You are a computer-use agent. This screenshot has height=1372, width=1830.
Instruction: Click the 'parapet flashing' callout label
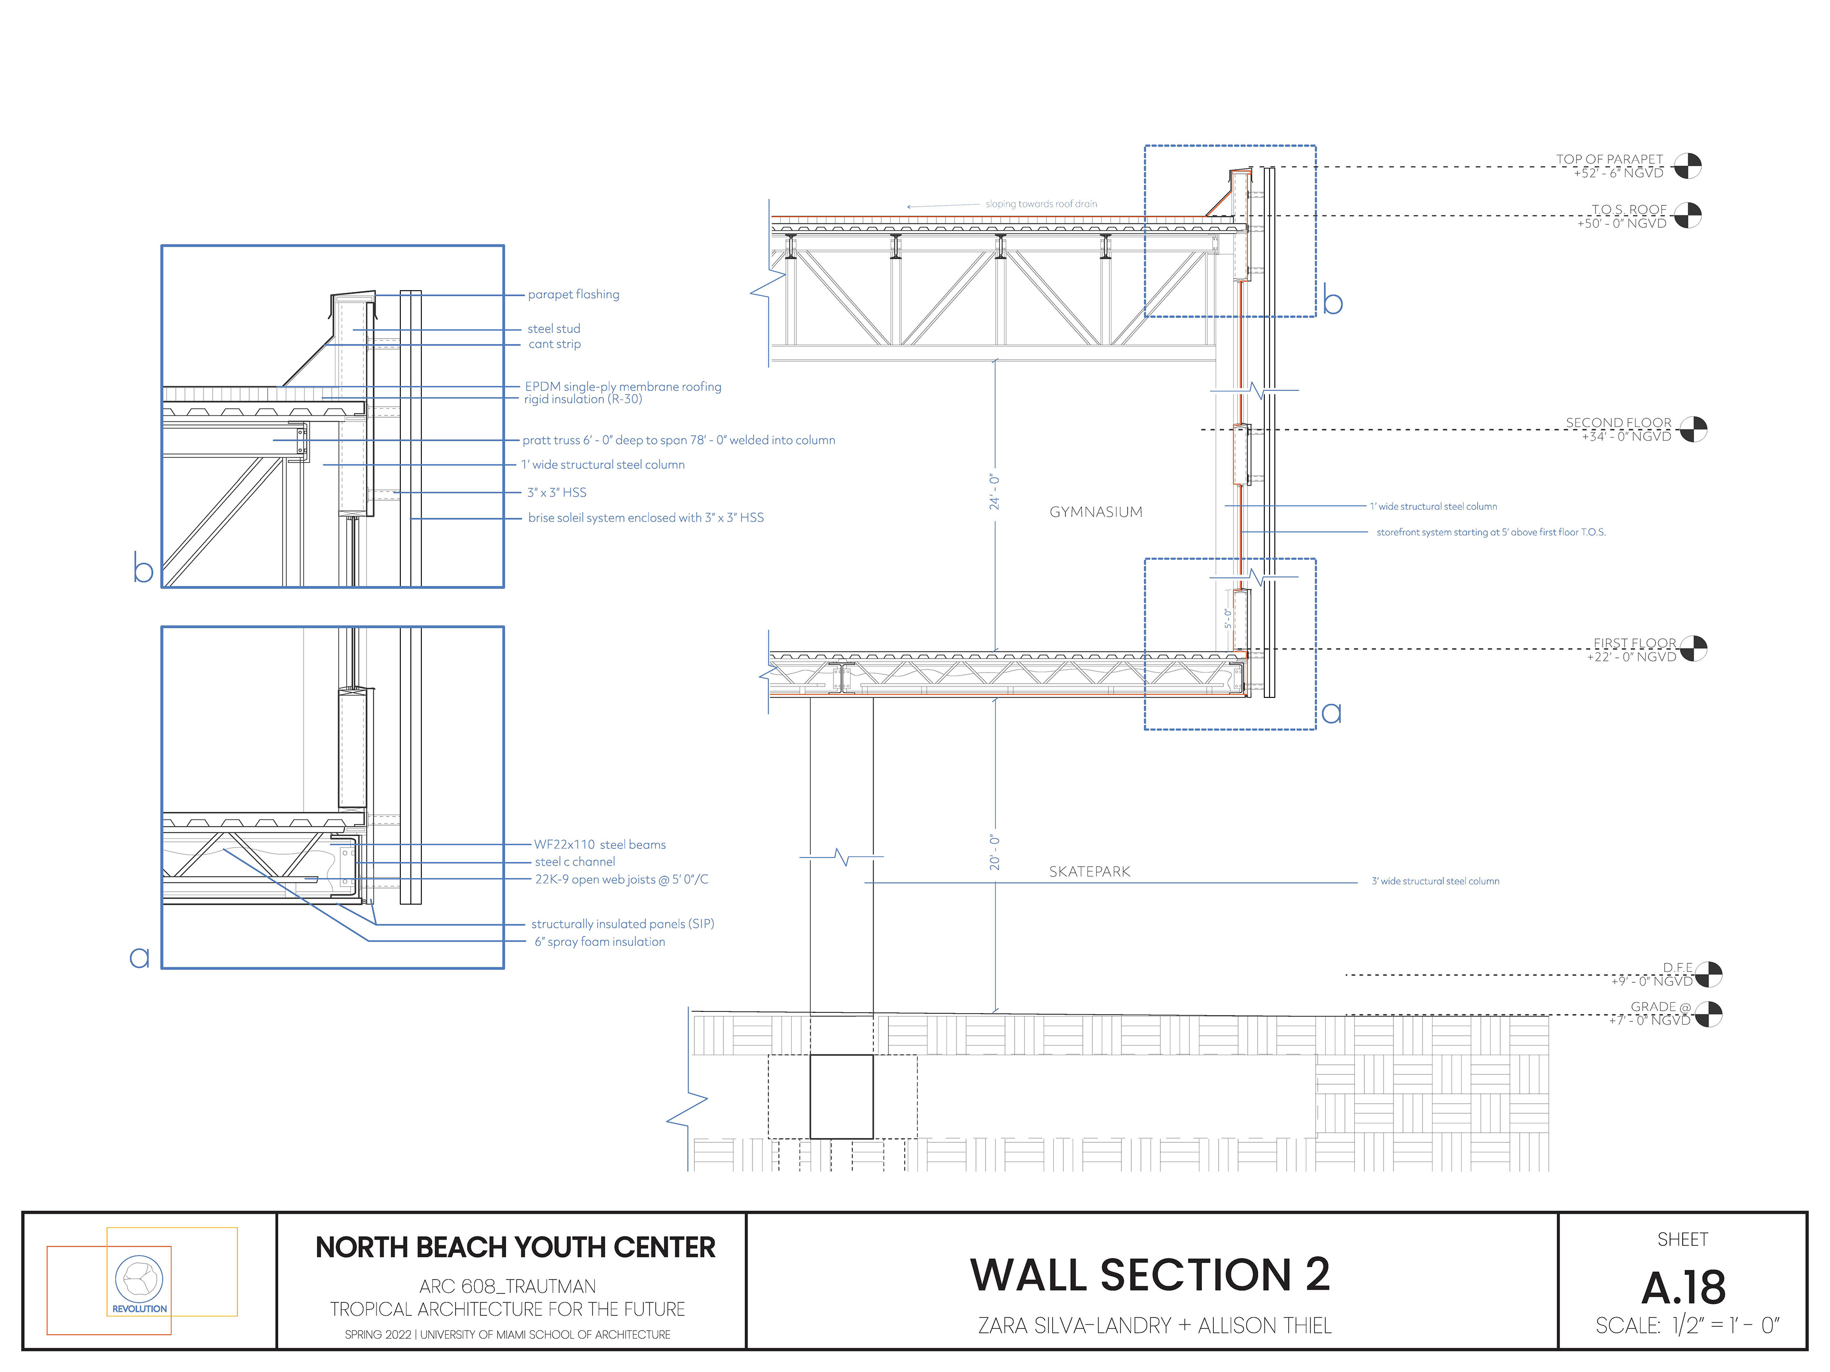tap(573, 294)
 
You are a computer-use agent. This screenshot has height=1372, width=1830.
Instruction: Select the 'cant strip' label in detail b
tap(554, 344)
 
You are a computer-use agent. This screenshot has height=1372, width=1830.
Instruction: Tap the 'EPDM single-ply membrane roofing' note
tap(623, 386)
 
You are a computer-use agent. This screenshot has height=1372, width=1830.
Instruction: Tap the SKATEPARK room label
tap(1089, 872)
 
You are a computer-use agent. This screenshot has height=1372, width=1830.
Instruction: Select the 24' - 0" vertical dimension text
tap(995, 492)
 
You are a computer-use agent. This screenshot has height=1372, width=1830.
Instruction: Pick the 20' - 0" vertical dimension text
tap(995, 852)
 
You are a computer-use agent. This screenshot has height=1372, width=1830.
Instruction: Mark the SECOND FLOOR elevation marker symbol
tap(1693, 429)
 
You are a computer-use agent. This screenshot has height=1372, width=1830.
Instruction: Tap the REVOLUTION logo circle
tap(139, 1279)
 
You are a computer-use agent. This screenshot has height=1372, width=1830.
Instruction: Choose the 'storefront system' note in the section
tap(1491, 533)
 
